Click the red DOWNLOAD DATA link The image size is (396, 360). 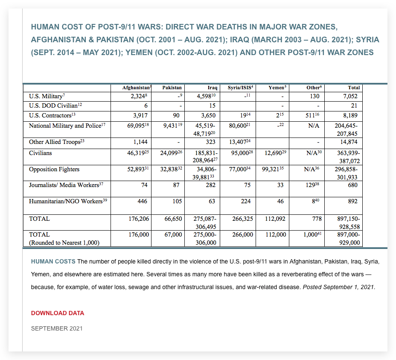[x=58, y=313]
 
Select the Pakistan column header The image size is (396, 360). [x=172, y=88]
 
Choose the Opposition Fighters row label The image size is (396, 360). [x=54, y=170]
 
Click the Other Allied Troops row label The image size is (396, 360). [x=54, y=142]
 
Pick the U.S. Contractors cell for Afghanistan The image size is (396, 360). [x=140, y=115]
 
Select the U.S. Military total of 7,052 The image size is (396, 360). [x=350, y=97]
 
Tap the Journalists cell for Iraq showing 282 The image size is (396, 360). [x=210, y=185]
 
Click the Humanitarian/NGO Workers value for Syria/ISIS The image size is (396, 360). [x=245, y=201]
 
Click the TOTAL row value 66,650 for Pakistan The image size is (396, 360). [x=173, y=219]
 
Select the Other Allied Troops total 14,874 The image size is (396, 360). [x=349, y=142]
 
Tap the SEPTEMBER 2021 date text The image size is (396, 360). [x=57, y=328]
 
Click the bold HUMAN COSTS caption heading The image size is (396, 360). [x=53, y=261]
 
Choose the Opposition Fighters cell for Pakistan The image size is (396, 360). [x=171, y=170]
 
